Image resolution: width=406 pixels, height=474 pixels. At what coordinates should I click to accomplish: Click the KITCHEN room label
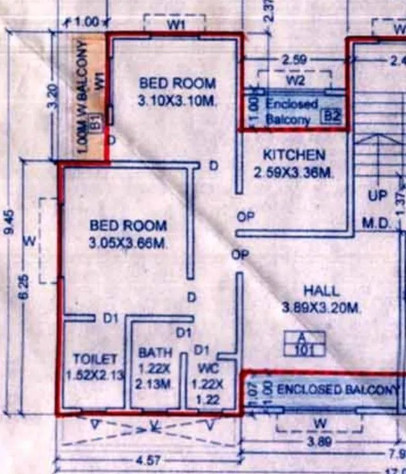click(x=294, y=155)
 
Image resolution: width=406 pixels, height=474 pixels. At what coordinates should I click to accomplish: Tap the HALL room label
click(x=321, y=292)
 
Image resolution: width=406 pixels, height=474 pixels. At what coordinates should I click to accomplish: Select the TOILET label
click(x=95, y=358)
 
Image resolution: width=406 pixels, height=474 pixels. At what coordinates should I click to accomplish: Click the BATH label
click(x=156, y=353)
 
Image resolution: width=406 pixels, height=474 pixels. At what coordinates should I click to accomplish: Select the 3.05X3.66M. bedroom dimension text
click(x=128, y=243)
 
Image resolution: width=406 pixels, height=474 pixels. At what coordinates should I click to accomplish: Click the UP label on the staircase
click(x=377, y=195)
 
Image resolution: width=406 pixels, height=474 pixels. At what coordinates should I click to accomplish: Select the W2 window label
click(x=295, y=81)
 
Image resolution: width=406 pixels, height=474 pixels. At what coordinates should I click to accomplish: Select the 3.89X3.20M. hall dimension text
click(x=321, y=310)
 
